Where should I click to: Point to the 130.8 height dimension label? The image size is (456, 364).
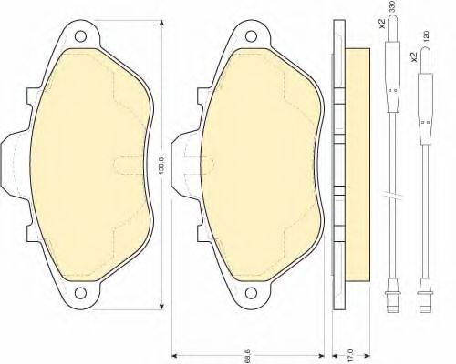coord(162,167)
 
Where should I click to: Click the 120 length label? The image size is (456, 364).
coord(426,35)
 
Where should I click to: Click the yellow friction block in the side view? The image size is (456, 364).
coord(357,164)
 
